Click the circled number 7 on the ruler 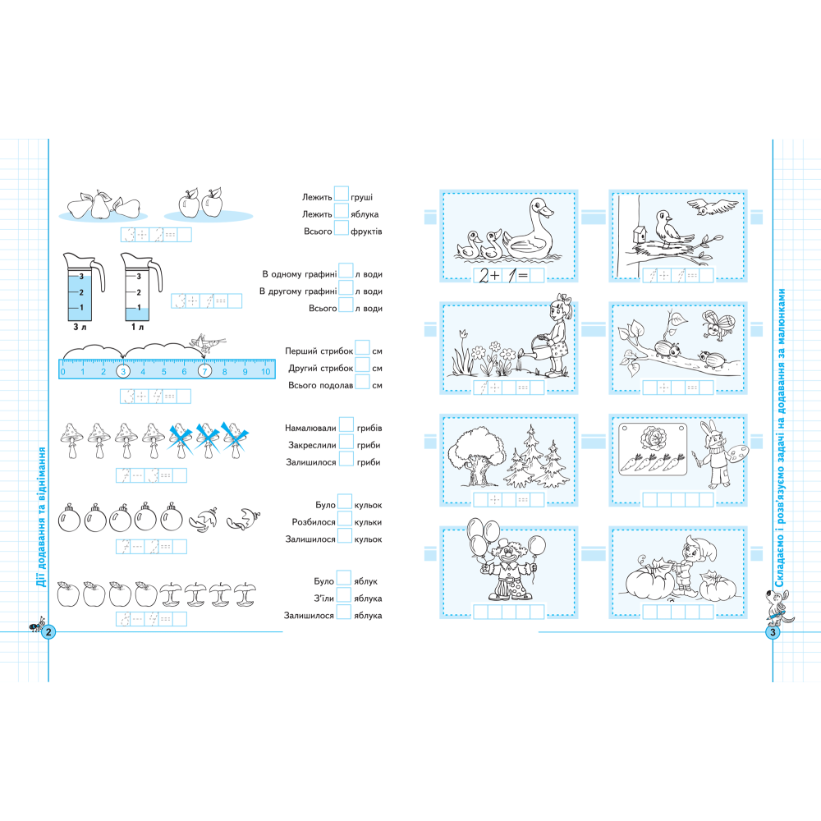click(204, 371)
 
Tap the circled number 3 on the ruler click(123, 371)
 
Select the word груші click(362, 197)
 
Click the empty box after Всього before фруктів click(341, 227)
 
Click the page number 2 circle click(48, 632)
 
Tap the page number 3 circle click(773, 632)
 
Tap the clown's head click(507, 553)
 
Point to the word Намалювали click(310, 429)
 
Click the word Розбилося click(314, 522)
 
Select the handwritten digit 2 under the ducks click(484, 275)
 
